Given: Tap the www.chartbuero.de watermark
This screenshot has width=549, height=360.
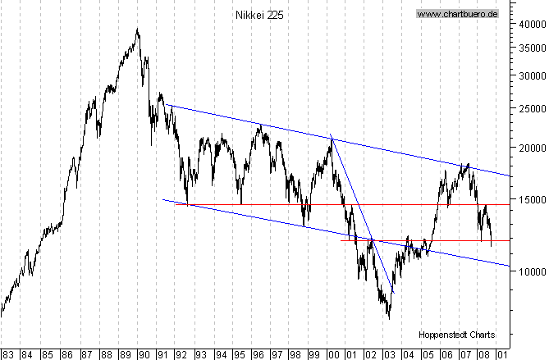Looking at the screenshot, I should (x=458, y=14).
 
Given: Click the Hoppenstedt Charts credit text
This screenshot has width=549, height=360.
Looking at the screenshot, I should (x=456, y=335).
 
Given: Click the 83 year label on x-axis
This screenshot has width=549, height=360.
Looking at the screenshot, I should (x=8, y=354).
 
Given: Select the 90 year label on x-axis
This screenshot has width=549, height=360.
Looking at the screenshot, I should (x=144, y=354).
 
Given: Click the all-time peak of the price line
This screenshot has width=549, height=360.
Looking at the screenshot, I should (x=137, y=30).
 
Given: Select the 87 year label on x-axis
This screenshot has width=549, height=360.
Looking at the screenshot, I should (x=85, y=354).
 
